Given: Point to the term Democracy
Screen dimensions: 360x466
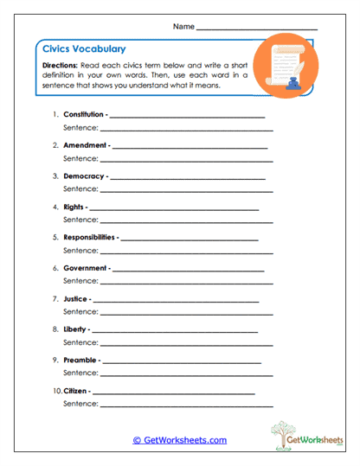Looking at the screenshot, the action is click(x=84, y=176).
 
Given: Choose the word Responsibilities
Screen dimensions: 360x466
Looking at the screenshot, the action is click(x=89, y=237).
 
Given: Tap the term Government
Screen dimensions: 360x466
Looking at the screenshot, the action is click(x=85, y=268).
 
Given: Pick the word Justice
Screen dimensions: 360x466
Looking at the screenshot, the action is click(x=75, y=298).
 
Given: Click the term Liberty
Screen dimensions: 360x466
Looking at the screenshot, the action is click(x=75, y=329).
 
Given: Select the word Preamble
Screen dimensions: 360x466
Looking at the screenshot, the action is click(x=80, y=360).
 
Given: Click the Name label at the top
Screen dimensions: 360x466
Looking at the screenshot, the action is click(x=183, y=27).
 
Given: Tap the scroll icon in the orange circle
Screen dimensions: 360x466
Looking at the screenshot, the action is click(x=285, y=64).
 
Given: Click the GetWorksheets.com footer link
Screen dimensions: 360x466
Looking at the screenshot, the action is click(x=180, y=440).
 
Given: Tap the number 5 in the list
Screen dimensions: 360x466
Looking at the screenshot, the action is click(x=55, y=237).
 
